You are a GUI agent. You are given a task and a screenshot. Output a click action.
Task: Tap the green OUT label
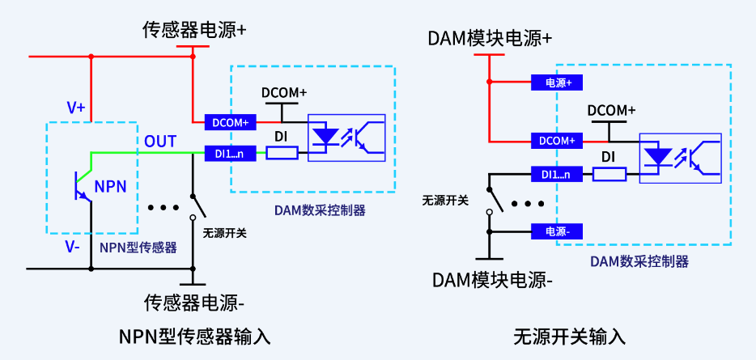pyautogui.click(x=160, y=142)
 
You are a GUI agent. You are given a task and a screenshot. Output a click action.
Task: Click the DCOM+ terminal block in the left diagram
pyautogui.click(x=231, y=122)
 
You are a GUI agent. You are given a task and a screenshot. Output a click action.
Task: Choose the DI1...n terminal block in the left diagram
pyautogui.click(x=231, y=152)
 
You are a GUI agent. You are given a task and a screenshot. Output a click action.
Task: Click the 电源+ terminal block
pyautogui.click(x=558, y=82)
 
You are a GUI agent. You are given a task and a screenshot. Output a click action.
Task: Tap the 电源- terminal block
pyautogui.click(x=558, y=231)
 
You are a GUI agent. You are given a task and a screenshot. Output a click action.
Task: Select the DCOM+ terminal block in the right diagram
pyautogui.click(x=557, y=140)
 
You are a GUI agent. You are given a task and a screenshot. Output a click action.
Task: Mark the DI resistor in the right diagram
pyautogui.click(x=609, y=173)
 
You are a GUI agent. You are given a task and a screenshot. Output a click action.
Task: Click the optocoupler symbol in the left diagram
pyautogui.click(x=348, y=136)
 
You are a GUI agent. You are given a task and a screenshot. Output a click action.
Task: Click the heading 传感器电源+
pyautogui.click(x=194, y=31)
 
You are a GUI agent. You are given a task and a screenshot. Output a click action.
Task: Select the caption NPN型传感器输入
pyautogui.click(x=194, y=335)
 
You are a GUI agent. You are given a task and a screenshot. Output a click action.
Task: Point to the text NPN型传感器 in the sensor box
pyautogui.click(x=138, y=248)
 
